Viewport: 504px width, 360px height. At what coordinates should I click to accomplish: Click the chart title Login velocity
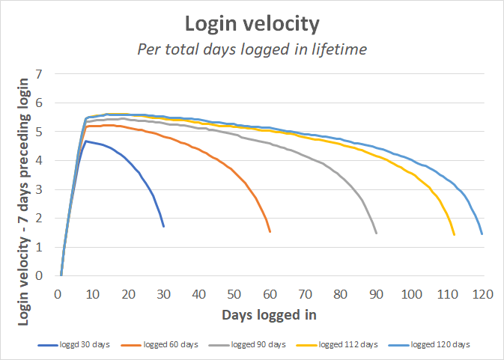pyautogui.click(x=252, y=24)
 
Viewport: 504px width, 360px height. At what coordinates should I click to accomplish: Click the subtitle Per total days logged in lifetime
pyautogui.click(x=252, y=49)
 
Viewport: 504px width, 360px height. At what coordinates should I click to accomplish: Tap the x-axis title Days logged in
pyautogui.click(x=269, y=315)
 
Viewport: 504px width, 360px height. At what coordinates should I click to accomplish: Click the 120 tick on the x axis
pyautogui.click(x=482, y=294)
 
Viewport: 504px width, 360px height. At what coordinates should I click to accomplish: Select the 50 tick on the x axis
pyautogui.click(x=234, y=294)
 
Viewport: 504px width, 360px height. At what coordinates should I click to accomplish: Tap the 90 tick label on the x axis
pyautogui.click(x=375, y=294)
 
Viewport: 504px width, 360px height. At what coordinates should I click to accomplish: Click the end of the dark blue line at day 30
pyautogui.click(x=163, y=226)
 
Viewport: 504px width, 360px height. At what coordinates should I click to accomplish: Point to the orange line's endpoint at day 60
pyautogui.click(x=270, y=231)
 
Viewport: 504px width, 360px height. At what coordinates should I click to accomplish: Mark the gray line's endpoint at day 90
pyautogui.click(x=376, y=233)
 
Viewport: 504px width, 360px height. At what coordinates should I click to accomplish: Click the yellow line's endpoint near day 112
pyautogui.click(x=454, y=234)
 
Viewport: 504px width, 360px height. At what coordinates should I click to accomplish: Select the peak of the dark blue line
pyautogui.click(x=86, y=141)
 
